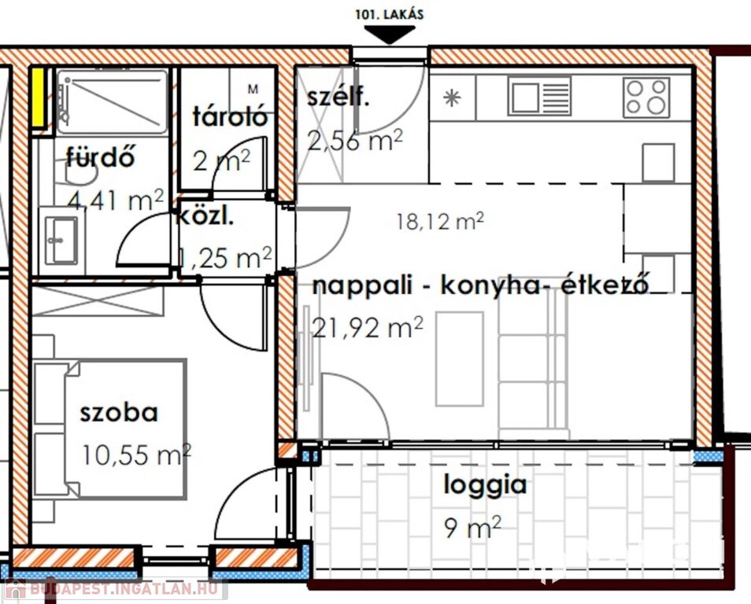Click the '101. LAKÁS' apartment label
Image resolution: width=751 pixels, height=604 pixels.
(x=389, y=14)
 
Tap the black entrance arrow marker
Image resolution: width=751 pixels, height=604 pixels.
(x=390, y=35)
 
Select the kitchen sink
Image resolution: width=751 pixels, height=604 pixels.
(x=540, y=97)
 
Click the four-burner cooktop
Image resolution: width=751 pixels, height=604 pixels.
(x=646, y=98)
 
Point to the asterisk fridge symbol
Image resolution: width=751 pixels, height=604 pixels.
(x=452, y=98)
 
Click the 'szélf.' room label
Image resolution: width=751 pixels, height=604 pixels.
(x=339, y=98)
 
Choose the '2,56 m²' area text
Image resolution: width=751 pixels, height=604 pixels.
(x=354, y=140)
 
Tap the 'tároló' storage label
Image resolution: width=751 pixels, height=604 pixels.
(x=229, y=116)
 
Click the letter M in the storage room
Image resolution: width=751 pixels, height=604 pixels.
(x=253, y=89)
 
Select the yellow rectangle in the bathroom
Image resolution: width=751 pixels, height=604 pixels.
(x=38, y=98)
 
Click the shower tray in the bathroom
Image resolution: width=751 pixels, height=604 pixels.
(x=112, y=101)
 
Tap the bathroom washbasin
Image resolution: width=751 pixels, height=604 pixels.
(x=61, y=241)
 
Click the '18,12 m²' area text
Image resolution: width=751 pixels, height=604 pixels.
(x=440, y=221)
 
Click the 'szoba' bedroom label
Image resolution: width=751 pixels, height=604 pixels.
(x=119, y=413)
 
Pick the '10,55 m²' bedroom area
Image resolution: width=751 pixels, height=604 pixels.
(x=137, y=455)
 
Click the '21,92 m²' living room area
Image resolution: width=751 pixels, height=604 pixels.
(x=368, y=327)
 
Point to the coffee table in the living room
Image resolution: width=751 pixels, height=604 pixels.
(x=459, y=359)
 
